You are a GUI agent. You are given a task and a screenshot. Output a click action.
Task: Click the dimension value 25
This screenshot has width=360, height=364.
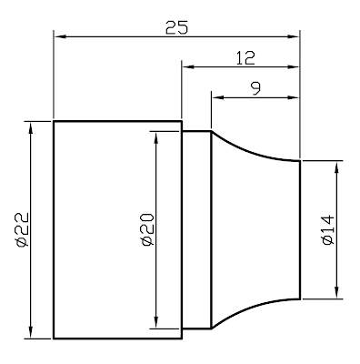coord(176,27)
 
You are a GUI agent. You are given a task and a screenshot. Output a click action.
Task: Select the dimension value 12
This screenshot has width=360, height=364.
coord(245,58)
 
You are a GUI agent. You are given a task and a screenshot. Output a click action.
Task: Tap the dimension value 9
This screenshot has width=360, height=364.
coord(256,88)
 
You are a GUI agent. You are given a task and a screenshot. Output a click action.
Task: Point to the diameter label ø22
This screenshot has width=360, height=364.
coord(23,229)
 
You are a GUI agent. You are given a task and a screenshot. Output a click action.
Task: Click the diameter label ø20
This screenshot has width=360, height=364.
coord(148,229)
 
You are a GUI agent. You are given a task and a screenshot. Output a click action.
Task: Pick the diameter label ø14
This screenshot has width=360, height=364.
coord(327,230)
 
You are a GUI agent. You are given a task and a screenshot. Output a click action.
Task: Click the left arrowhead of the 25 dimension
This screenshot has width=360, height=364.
coord(60,36)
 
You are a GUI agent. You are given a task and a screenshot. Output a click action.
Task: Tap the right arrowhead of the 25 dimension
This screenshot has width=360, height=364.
coord(294,36)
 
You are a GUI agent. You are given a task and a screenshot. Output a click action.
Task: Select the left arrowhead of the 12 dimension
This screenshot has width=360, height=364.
coord(187,66)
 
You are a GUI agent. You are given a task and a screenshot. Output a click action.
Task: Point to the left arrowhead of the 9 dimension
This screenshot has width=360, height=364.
coord(217,97)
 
